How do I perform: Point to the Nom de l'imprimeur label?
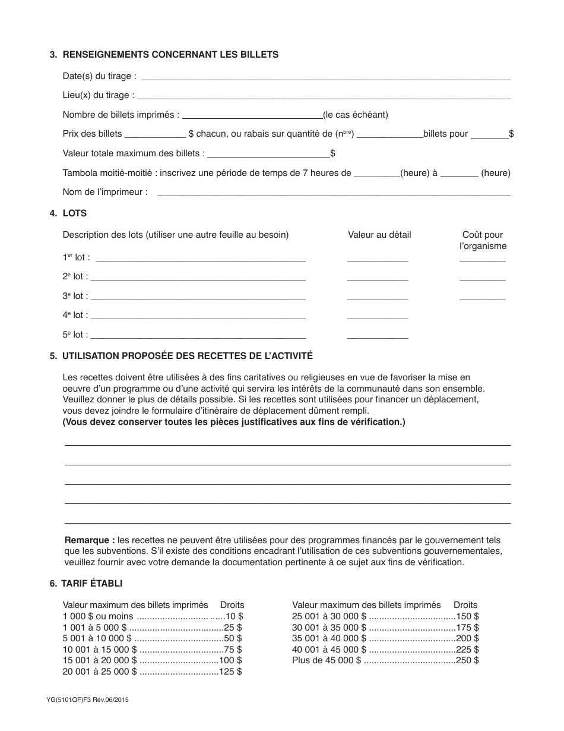pos(105,192)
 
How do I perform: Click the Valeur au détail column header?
pos(379,235)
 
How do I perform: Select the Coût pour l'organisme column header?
pos(483,240)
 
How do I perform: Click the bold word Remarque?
pos(89,540)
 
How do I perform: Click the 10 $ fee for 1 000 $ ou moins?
pos(234,616)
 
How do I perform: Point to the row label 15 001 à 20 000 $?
pos(100,660)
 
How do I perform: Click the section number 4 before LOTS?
pos(53,213)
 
